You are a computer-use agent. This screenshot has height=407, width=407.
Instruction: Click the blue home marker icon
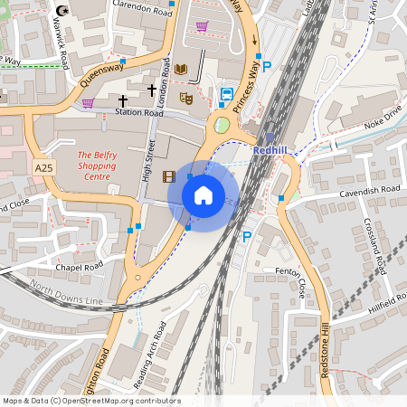pos(203,194)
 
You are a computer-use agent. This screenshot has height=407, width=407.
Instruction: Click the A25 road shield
pos(43,169)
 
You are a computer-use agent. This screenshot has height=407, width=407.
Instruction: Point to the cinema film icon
pos(168,175)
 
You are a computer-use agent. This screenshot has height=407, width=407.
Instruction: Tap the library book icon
pos(181,70)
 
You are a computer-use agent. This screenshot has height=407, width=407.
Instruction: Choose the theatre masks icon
pos(186,97)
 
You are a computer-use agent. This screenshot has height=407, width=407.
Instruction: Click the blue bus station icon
pos(227,93)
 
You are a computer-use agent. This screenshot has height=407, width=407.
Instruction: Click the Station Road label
pos(138,113)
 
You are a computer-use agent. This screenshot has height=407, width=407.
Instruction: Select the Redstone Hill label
pos(323,357)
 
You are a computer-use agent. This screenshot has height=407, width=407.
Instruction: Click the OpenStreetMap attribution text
pos(91,401)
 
